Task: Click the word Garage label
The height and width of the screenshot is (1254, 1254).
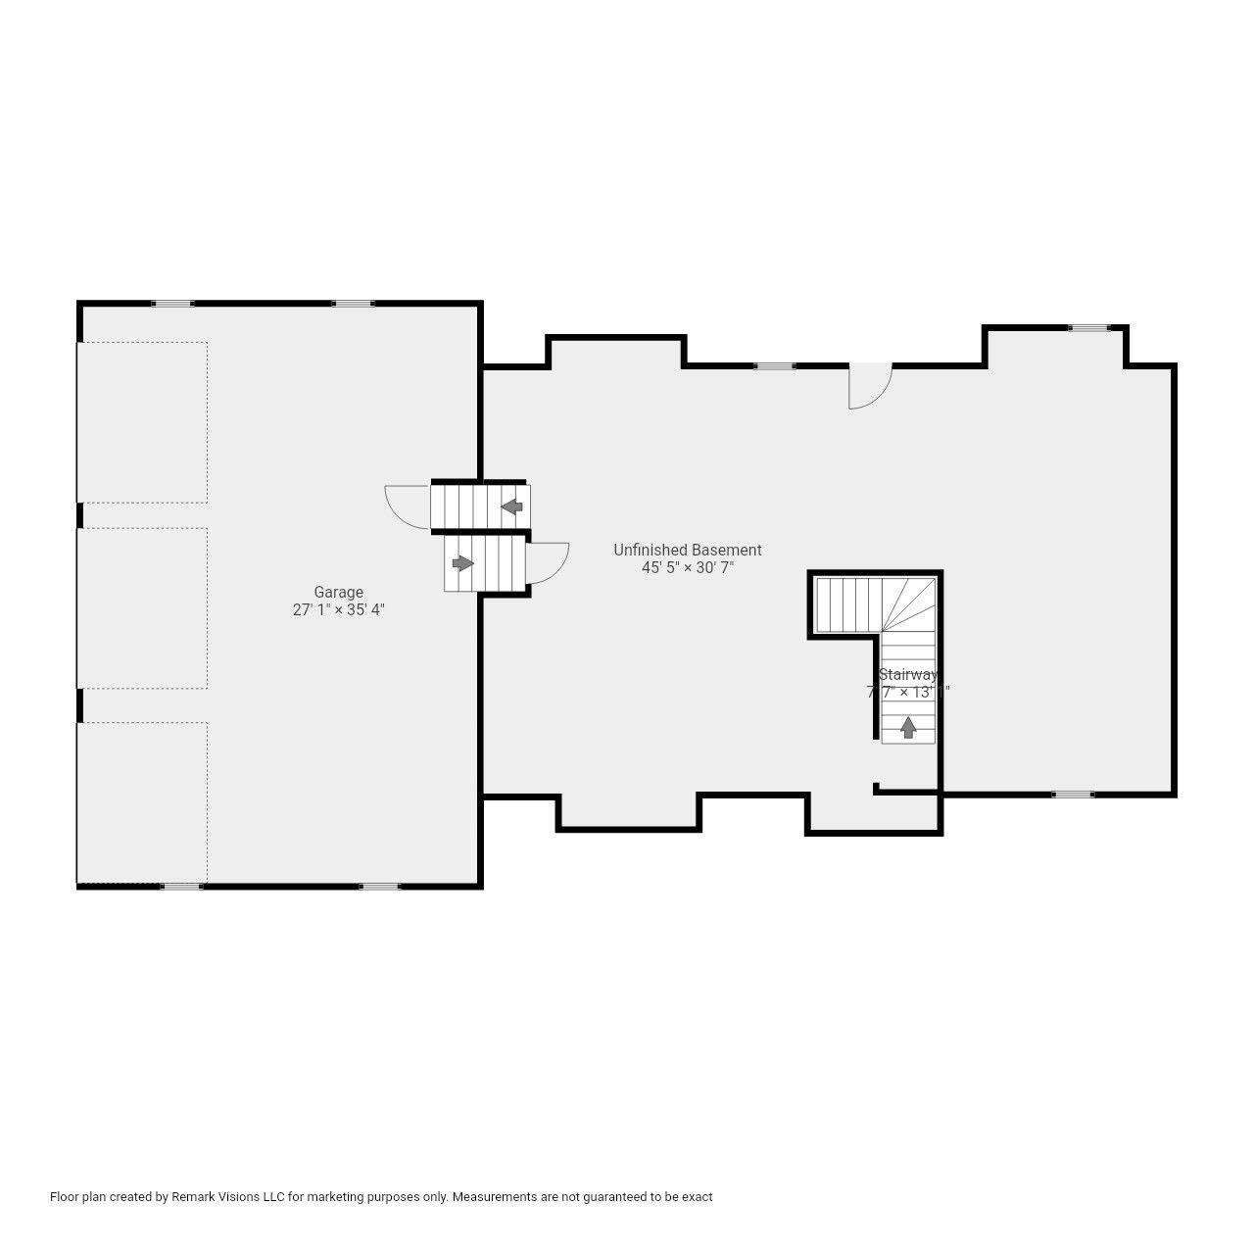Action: [338, 592]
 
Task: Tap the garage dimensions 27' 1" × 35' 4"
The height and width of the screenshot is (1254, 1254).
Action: [338, 609]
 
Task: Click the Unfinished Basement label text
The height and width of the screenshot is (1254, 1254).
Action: [687, 550]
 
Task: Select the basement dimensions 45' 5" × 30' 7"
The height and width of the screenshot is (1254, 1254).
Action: [687, 567]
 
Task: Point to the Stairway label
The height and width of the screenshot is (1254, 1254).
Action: [907, 674]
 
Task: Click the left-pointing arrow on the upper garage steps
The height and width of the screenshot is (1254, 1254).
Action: [511, 506]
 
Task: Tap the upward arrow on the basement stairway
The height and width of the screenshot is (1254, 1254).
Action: [908, 727]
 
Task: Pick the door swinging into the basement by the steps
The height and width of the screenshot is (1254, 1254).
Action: [546, 562]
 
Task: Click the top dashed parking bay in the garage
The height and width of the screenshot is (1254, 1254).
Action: [142, 422]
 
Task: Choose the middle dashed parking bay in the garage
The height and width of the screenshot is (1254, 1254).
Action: [142, 607]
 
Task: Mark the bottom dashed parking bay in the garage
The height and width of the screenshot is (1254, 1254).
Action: [142, 802]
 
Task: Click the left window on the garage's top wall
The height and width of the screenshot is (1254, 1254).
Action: [172, 304]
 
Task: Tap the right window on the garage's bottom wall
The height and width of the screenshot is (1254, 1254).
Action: [379, 887]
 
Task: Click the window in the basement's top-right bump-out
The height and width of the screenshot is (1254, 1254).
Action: [1088, 328]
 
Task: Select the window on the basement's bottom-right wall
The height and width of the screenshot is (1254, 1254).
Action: [1073, 795]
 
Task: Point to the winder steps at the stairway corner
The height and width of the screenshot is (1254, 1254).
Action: [908, 603]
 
